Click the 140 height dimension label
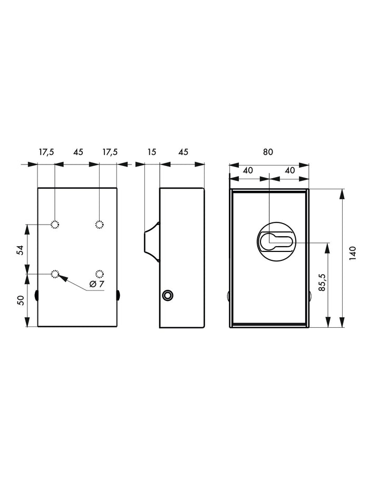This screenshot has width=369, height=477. [352, 253]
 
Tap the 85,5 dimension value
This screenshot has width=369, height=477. [322, 283]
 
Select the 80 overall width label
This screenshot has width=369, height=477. [268, 152]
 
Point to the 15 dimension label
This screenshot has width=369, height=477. [152, 152]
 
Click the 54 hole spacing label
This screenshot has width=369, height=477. [20, 250]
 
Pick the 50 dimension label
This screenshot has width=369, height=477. [20, 300]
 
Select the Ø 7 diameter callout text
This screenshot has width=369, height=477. [97, 284]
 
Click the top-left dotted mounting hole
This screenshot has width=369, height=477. [55, 225]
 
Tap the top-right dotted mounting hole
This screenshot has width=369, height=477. [99, 225]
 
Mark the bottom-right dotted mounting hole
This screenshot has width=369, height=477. [99, 274]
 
